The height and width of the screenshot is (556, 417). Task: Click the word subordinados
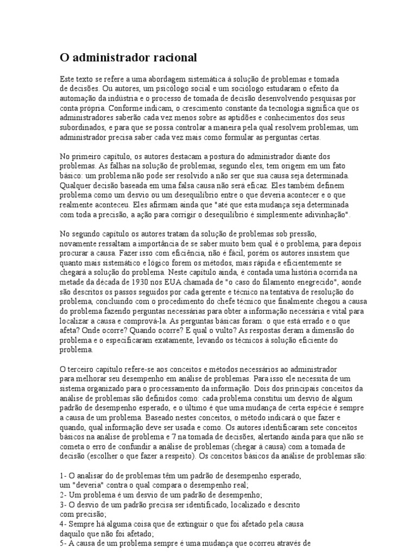[83, 127]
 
